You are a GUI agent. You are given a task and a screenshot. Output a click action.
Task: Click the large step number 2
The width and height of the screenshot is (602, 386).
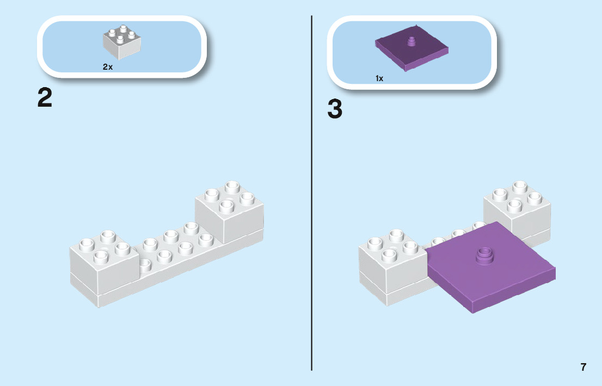tap(45, 98)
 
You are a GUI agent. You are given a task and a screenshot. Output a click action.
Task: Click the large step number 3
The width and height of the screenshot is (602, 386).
tap(335, 109)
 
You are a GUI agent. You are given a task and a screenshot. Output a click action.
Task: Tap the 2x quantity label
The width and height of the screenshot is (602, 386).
tap(108, 67)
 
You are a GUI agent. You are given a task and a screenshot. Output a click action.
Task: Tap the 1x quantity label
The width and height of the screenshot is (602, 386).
tap(379, 78)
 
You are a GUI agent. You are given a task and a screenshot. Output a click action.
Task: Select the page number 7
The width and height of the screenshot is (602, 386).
tap(583, 367)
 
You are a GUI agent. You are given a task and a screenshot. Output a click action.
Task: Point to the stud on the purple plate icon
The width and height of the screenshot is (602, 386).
tap(412, 41)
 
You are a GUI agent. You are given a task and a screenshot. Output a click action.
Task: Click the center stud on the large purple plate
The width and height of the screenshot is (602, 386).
tap(483, 255)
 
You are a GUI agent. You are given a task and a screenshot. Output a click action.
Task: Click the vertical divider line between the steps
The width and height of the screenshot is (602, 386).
tap(311, 218)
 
